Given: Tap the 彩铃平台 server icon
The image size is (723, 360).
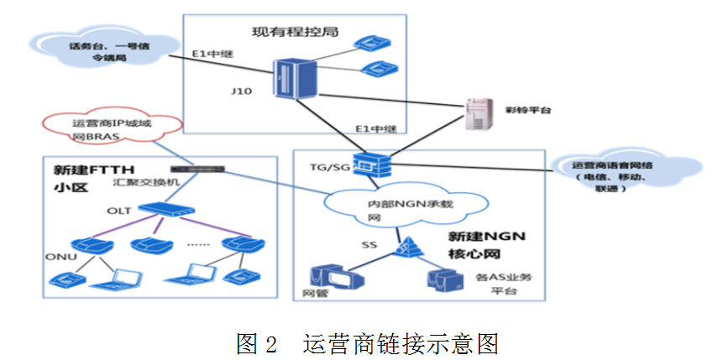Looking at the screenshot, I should point(479,115).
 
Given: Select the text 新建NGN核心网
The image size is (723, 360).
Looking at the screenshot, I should point(486,245).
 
